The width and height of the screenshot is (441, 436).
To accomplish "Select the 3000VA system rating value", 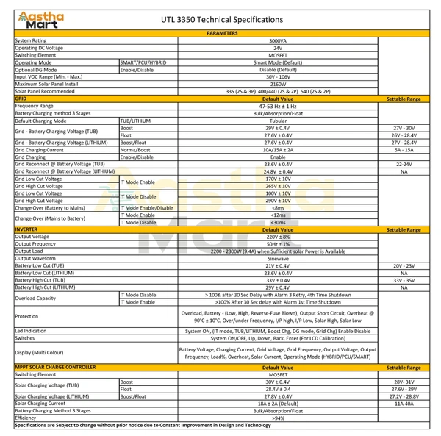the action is click(x=278, y=40).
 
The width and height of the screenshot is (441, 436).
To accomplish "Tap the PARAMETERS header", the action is click(x=222, y=34).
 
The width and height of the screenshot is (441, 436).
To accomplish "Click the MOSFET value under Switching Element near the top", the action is click(x=278, y=55).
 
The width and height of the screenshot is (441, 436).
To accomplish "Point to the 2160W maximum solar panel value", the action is click(x=278, y=84).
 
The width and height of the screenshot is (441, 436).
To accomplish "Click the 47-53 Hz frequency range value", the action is click(x=278, y=106).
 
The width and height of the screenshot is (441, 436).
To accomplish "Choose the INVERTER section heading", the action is click(x=26, y=229).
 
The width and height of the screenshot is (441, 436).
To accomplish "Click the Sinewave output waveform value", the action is click(x=278, y=258).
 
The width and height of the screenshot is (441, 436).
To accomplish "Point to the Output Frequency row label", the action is click(x=37, y=244).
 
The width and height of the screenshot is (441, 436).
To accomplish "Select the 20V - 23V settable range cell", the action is click(x=404, y=265).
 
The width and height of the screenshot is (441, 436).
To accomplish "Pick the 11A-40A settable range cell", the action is click(x=404, y=403).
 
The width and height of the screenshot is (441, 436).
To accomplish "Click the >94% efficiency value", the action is click(x=278, y=417).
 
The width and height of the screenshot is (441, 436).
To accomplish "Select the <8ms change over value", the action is click(x=278, y=208).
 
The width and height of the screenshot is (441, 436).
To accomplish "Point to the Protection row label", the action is click(x=28, y=316).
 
